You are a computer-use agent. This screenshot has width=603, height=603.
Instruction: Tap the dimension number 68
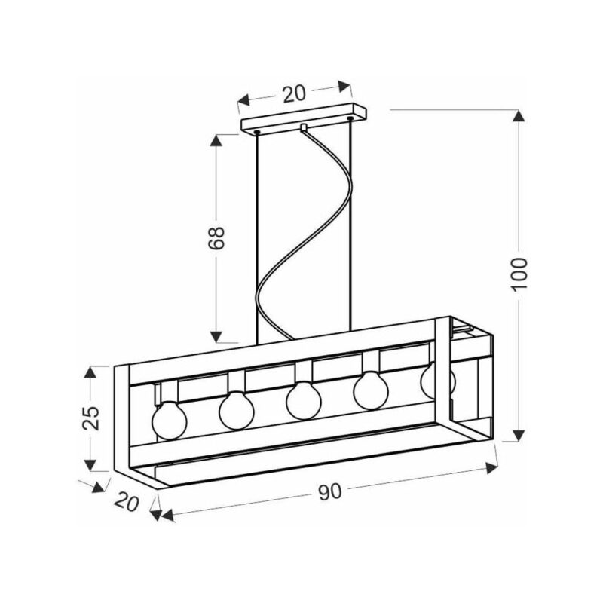[216, 238]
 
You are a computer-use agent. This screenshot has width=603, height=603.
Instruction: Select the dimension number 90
[330, 491]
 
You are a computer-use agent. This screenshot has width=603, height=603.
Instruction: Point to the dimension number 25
[91, 418]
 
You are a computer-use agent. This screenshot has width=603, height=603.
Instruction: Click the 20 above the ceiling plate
[294, 93]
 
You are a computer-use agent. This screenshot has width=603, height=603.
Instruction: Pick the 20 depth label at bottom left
[127, 501]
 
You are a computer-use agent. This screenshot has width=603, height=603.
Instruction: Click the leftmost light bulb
[170, 420]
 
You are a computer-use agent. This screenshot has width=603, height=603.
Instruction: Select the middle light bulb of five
[304, 400]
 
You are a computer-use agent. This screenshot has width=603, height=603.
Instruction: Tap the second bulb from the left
[237, 410]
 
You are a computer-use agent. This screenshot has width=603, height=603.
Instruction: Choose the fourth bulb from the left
[370, 390]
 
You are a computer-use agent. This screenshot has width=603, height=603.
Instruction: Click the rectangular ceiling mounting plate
[304, 118]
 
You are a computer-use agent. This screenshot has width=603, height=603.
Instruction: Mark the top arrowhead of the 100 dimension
[519, 116]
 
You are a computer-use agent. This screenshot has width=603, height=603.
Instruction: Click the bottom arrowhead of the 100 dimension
[519, 435]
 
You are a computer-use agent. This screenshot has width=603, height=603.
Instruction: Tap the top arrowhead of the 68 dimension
[216, 140]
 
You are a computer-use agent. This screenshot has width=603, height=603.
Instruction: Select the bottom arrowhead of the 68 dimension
[216, 336]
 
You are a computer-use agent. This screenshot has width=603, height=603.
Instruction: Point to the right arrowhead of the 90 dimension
[492, 468]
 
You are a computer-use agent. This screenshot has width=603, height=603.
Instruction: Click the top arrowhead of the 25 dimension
[90, 372]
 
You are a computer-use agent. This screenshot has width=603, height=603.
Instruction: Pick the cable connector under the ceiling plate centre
[304, 127]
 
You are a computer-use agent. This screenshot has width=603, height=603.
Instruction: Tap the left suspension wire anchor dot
[257, 133]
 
